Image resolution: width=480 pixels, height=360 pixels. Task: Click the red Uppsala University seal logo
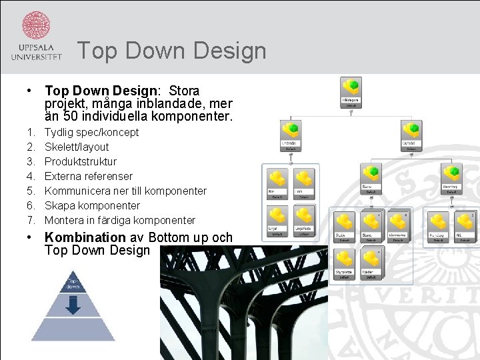click(x=36, y=25)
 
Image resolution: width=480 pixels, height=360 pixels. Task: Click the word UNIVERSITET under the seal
click(x=36, y=57)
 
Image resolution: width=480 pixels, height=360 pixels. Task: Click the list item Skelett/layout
click(x=76, y=147)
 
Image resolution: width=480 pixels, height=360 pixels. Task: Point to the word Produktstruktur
click(x=80, y=161)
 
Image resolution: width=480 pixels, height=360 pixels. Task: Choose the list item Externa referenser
click(x=88, y=176)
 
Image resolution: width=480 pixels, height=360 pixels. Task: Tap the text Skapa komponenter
click(x=92, y=205)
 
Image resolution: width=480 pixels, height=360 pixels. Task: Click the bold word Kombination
click(x=85, y=237)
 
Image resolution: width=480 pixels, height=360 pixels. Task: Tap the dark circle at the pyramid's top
click(x=73, y=282)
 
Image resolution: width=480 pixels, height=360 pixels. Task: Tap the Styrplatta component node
click(x=345, y=261)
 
